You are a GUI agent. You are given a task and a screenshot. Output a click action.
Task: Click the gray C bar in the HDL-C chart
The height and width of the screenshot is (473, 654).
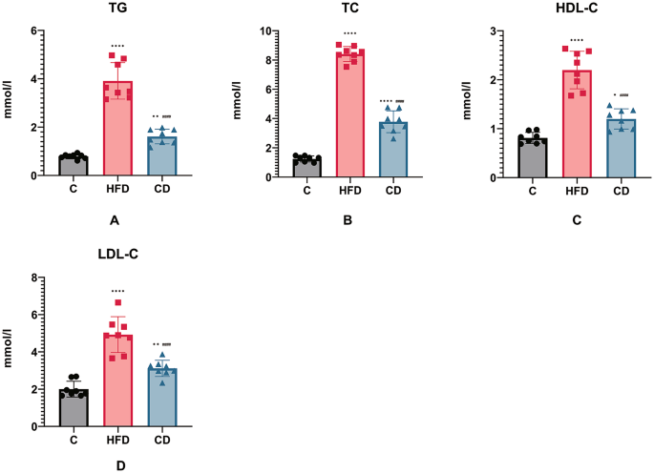point(532,158)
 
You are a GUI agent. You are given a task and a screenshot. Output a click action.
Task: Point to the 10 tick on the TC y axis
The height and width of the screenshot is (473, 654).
point(264,31)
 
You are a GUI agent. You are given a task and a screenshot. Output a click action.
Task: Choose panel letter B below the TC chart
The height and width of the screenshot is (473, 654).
point(348,220)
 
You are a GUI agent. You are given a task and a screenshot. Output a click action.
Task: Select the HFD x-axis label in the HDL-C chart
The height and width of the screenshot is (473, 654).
point(577,191)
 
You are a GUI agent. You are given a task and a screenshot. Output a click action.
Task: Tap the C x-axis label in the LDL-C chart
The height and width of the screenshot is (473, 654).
point(74,440)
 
